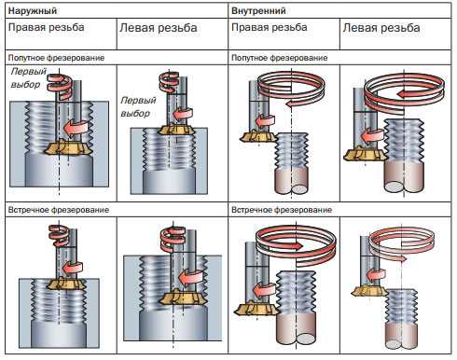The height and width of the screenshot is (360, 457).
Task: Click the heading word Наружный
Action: point(33,11)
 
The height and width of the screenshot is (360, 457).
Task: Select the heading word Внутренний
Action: point(258,11)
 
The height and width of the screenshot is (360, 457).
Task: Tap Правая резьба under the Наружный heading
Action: point(47,27)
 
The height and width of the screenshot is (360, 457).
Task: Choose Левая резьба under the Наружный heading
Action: point(159,28)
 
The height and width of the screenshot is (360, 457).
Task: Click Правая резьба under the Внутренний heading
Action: point(270,27)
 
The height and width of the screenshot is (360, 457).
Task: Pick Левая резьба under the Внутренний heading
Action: point(381,28)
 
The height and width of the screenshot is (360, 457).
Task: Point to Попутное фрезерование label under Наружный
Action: point(56,58)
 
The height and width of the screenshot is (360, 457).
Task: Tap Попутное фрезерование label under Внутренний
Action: point(280,58)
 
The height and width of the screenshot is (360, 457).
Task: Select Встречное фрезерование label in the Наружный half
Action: point(59,210)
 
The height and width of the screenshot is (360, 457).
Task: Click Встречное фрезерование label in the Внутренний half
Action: point(282,210)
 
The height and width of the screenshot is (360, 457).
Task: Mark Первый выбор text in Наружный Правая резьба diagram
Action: point(27,77)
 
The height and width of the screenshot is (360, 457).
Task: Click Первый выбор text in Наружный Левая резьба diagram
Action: point(138,106)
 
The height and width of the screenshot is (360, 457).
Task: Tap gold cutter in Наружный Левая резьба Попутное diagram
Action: point(175,129)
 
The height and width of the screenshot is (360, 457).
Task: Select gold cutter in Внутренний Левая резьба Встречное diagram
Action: point(370,291)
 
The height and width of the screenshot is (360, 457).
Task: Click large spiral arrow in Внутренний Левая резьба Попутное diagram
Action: point(404,93)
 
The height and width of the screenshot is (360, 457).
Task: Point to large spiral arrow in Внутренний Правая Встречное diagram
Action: point(296,246)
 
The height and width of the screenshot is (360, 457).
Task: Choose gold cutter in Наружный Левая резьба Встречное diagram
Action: point(179,298)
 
